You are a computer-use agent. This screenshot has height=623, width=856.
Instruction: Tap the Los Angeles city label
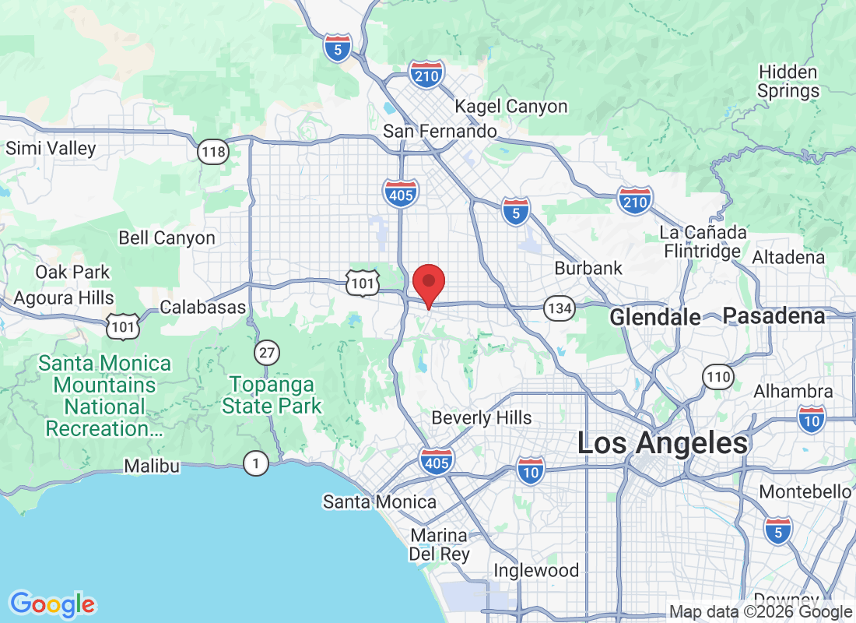[662, 443]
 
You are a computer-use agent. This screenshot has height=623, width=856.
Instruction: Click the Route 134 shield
[560, 308]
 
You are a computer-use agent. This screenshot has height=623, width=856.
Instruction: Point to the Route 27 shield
[267, 354]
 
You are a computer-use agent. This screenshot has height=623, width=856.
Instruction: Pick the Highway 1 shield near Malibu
[255, 464]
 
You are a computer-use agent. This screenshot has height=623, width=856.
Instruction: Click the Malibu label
[153, 466]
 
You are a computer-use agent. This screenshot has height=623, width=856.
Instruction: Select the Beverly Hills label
[482, 418]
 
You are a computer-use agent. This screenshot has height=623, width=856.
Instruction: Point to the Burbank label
[588, 269]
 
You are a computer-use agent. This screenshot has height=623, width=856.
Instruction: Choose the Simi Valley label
[51, 148]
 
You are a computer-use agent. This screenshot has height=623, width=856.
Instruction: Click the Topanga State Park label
[272, 396]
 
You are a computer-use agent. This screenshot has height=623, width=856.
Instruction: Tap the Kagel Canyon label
[511, 107]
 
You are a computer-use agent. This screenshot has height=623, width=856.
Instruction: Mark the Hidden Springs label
[788, 82]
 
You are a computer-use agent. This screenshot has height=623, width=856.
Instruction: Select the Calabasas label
[203, 308]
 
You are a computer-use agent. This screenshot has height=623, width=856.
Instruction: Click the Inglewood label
[536, 571]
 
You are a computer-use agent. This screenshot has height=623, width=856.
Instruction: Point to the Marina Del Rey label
[440, 545]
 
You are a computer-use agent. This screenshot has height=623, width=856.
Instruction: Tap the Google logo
[52, 604]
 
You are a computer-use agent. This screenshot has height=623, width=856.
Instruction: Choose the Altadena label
[788, 257]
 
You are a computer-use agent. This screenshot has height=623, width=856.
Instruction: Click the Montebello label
[805, 492]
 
